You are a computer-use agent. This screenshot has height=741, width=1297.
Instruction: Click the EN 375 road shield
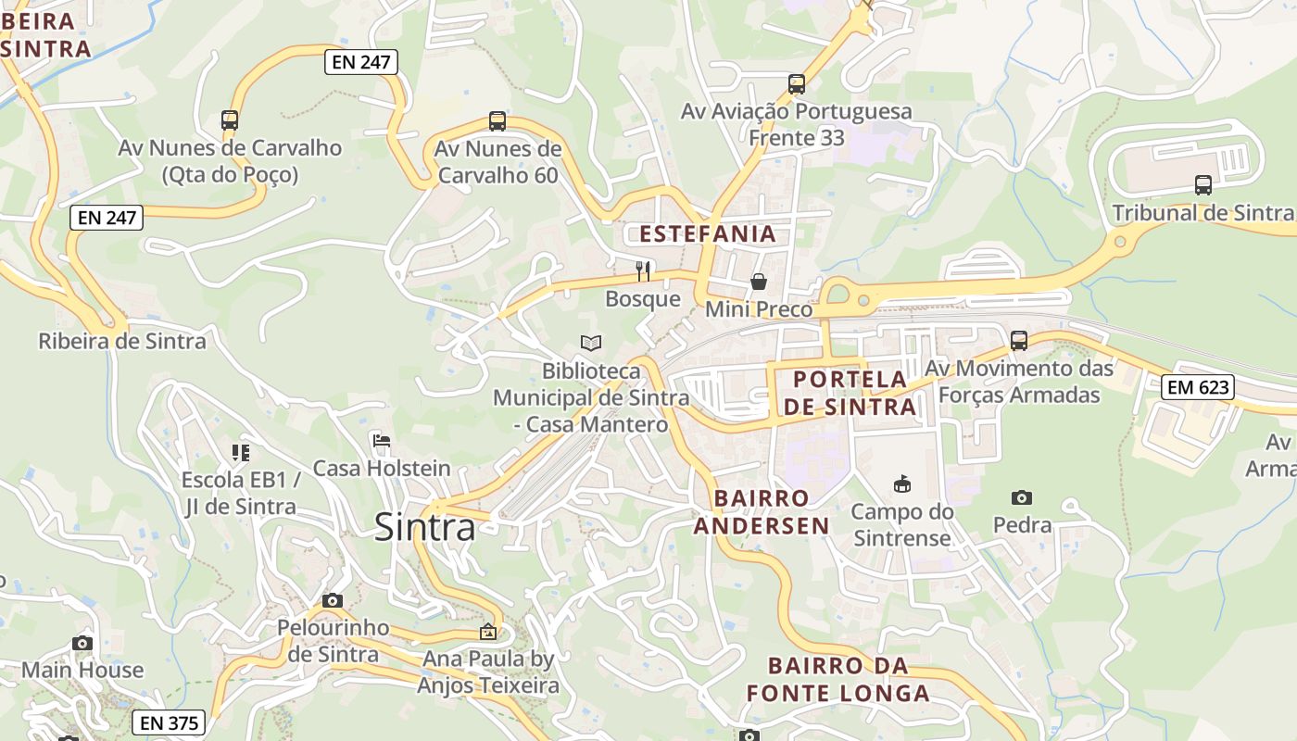click(x=170, y=722)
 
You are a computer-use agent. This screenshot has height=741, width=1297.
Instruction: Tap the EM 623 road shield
click(x=1199, y=386)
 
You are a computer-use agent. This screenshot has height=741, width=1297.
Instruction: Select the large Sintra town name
click(x=425, y=527)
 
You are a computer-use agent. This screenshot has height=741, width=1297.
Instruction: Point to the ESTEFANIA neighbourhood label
click(x=708, y=233)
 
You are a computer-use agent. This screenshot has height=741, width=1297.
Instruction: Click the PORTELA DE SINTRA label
click(x=850, y=393)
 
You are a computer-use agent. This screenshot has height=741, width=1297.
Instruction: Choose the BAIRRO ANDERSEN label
click(x=762, y=512)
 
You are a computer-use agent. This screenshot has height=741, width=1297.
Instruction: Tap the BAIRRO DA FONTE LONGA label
click(x=838, y=679)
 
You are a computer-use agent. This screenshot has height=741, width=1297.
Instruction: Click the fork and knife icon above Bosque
click(x=643, y=270)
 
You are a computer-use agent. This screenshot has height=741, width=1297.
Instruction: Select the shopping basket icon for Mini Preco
click(x=759, y=281)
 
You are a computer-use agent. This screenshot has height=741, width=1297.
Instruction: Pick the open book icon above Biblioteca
click(x=591, y=343)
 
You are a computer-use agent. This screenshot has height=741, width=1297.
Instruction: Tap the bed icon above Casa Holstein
click(x=381, y=440)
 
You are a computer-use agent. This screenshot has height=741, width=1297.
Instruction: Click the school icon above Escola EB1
click(x=241, y=452)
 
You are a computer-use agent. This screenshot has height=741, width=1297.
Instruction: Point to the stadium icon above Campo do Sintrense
click(x=901, y=484)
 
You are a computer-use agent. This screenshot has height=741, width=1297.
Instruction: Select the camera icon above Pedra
click(x=1022, y=497)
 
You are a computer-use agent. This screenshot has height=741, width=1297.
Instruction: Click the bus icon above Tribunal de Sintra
click(x=1203, y=184)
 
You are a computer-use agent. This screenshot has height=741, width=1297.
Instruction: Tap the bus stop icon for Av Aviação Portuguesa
click(x=797, y=84)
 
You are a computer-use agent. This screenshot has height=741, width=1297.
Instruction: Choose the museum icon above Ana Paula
click(x=488, y=633)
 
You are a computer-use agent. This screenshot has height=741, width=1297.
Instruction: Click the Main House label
click(x=82, y=670)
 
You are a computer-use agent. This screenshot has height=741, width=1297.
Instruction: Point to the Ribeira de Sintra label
click(x=122, y=341)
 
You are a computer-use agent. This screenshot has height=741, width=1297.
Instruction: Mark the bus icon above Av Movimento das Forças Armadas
click(x=1019, y=340)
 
